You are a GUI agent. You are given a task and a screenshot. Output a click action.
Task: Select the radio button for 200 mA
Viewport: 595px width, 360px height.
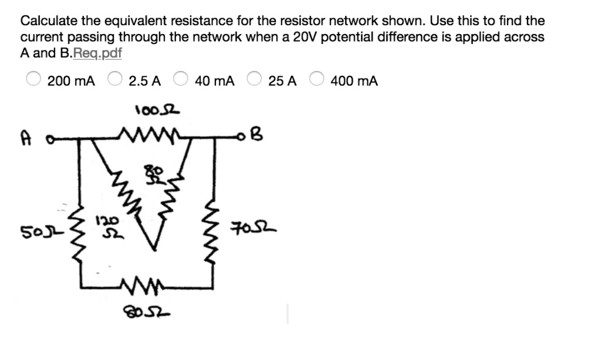(33, 80)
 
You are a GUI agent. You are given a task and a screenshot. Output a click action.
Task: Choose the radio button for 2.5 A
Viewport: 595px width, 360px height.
(115, 80)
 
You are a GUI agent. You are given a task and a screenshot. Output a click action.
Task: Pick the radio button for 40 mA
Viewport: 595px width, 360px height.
(181, 80)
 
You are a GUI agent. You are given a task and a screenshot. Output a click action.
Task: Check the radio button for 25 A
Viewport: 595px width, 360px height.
(255, 80)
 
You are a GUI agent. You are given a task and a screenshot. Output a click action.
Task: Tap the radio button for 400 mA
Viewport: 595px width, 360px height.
(317, 80)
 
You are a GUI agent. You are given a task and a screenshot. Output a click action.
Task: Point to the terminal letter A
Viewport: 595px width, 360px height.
(25, 139)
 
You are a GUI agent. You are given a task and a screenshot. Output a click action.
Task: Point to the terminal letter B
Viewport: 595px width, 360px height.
(259, 136)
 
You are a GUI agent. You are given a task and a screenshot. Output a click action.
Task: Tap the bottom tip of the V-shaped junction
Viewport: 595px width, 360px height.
(155, 250)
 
